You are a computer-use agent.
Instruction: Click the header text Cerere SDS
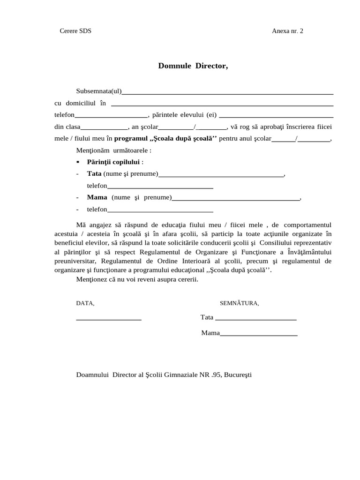75,31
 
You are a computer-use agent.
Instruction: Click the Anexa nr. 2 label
287,31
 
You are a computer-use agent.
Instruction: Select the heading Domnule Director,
193,66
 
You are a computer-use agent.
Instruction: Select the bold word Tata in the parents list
94,174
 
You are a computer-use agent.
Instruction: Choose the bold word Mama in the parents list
97,197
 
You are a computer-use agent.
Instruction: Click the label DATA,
85,303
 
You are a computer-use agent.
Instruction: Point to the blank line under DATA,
108,319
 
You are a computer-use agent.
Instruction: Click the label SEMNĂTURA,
239,303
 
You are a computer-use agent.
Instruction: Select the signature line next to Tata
255,319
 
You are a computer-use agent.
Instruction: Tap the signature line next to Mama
259,335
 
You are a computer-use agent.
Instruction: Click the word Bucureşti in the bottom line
238,375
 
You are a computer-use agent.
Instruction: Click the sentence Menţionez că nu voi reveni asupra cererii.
137,279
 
